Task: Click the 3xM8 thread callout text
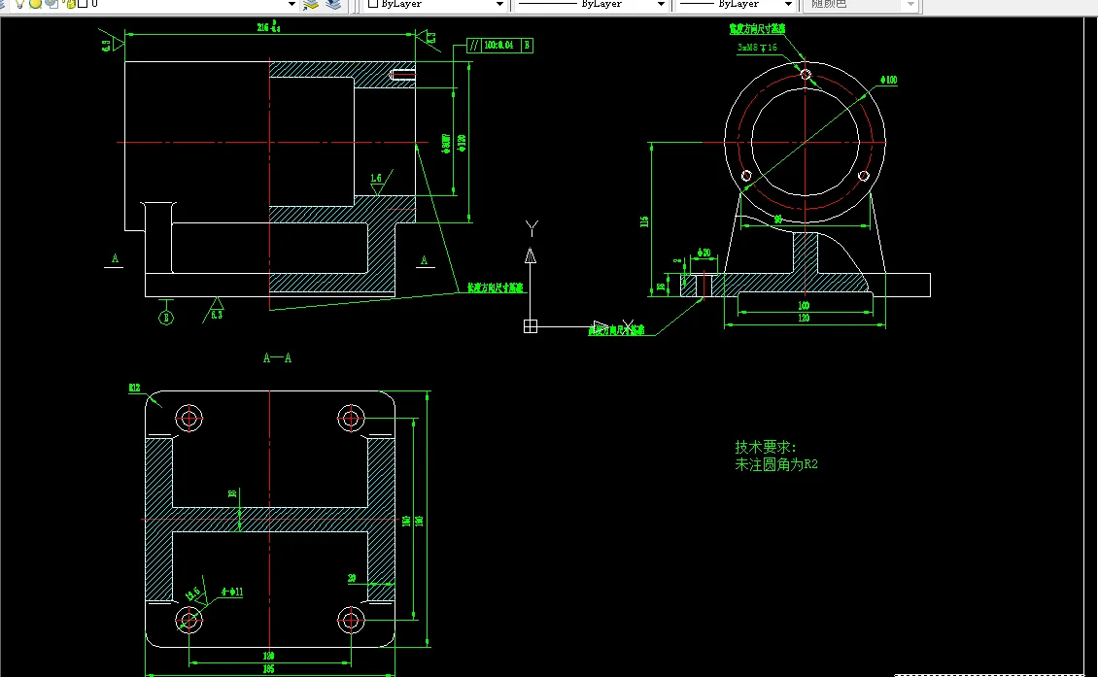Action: pos(757,47)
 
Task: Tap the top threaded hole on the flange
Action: pos(805,73)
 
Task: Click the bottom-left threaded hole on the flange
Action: pos(746,176)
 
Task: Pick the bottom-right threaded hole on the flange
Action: pos(863,176)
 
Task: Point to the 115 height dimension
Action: pos(643,221)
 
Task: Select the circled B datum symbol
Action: pos(166,317)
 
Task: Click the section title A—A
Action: pos(277,357)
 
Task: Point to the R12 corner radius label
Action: pos(134,389)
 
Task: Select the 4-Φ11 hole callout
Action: pos(231,592)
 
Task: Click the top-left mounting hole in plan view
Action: pos(189,418)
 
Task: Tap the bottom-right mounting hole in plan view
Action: pos(350,619)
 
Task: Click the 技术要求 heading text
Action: pos(765,448)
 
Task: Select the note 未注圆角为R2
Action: pos(776,465)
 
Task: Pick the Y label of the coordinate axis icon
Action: pos(531,227)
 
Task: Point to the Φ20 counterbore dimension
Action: pos(704,253)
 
